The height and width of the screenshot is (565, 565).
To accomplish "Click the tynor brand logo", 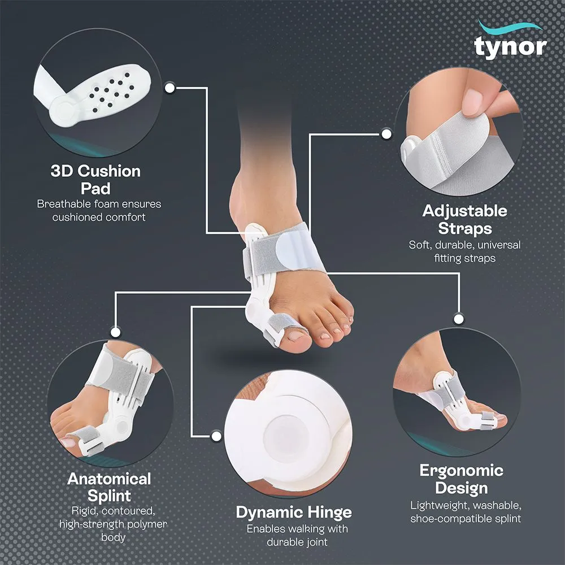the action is (x=510, y=41).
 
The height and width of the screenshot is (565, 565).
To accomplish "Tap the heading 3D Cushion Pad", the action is (x=95, y=180).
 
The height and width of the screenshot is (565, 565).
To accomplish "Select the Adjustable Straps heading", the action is (x=464, y=219).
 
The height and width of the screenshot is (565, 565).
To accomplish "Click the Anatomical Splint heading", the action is (x=109, y=487).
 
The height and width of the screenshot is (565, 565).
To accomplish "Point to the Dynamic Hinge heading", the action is (x=294, y=512).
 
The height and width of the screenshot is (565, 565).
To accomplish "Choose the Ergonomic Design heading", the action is (x=461, y=479).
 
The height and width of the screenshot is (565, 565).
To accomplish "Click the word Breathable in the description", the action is (x=64, y=204).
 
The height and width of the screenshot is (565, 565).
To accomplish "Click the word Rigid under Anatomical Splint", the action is (x=85, y=511).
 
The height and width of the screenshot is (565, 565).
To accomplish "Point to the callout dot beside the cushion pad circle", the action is (x=169, y=88).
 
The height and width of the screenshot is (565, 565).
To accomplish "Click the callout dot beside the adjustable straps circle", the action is (x=386, y=134).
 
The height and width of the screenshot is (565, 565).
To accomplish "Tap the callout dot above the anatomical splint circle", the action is (x=115, y=332).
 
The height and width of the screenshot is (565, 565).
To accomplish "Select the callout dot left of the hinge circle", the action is (x=216, y=436).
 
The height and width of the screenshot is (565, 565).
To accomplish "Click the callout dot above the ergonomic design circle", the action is (x=458, y=319).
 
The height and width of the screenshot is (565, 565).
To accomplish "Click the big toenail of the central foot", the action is (x=297, y=336).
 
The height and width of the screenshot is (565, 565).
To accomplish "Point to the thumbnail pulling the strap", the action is (x=472, y=102).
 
